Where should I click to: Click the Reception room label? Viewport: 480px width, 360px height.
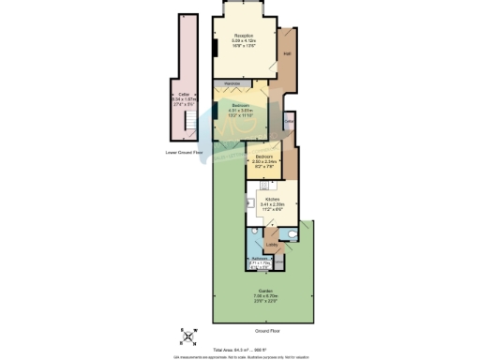[x=245, y=34]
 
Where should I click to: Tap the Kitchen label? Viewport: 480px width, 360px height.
[x=271, y=201]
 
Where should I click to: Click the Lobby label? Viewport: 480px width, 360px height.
[x=270, y=246]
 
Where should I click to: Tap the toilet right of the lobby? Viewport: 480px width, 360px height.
[x=292, y=234]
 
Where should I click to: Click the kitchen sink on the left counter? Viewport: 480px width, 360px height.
[x=250, y=202]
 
